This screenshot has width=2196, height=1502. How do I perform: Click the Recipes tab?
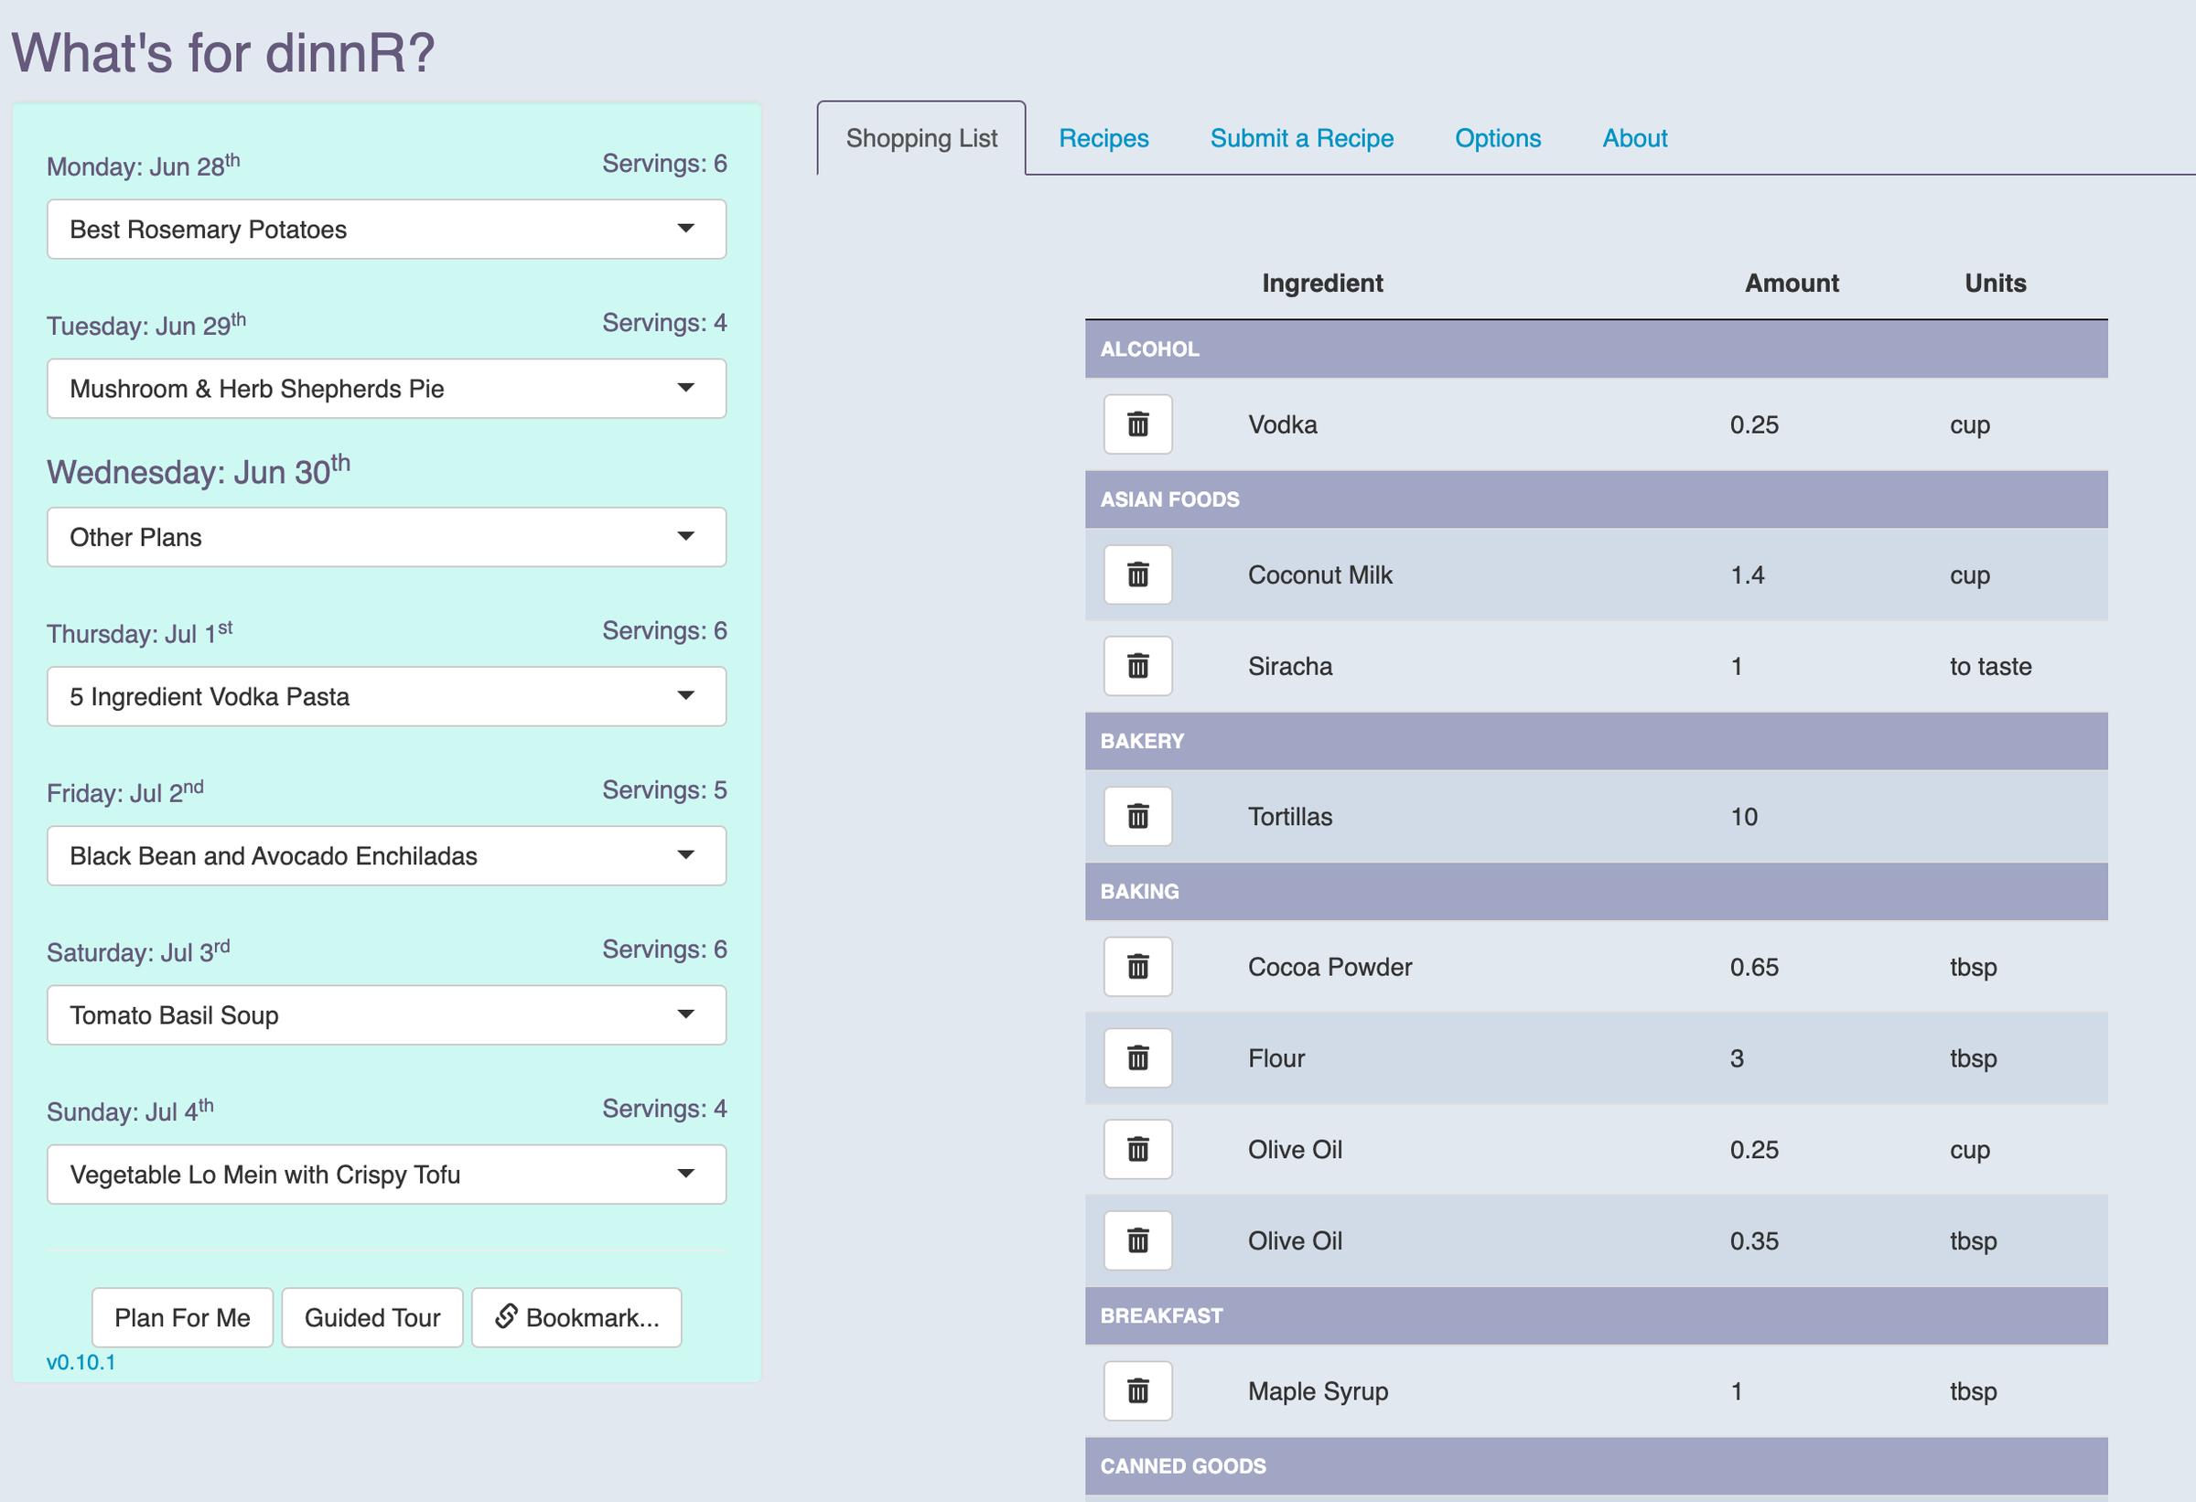click(1103, 138)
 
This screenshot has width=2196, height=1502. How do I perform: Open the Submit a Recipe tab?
click(1301, 138)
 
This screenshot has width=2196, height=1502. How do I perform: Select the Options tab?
click(1497, 138)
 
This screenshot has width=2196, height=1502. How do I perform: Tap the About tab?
click(1634, 138)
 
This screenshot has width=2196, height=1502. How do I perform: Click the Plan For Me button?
click(182, 1317)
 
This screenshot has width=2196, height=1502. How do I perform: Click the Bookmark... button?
click(576, 1317)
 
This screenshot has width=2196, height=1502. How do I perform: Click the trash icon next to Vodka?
click(1137, 424)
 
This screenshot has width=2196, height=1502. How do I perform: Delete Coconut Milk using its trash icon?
click(1137, 574)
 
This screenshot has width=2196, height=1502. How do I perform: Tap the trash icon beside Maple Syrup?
click(1137, 1390)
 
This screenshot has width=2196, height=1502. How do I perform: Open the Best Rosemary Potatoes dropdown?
click(385, 230)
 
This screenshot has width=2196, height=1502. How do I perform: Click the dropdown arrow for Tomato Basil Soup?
click(686, 1014)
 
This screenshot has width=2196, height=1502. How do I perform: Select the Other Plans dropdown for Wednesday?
click(385, 538)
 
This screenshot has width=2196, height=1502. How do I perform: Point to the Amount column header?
click(1791, 284)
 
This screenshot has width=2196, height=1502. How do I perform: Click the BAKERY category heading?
click(1142, 741)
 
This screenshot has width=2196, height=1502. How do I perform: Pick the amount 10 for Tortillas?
click(1743, 817)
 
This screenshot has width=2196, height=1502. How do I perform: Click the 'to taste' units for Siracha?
click(1990, 667)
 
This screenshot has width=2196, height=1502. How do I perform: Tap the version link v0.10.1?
click(81, 1361)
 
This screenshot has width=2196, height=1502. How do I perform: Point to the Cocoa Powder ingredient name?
click(1329, 967)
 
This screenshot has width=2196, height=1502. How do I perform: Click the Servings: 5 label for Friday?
click(664, 789)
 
